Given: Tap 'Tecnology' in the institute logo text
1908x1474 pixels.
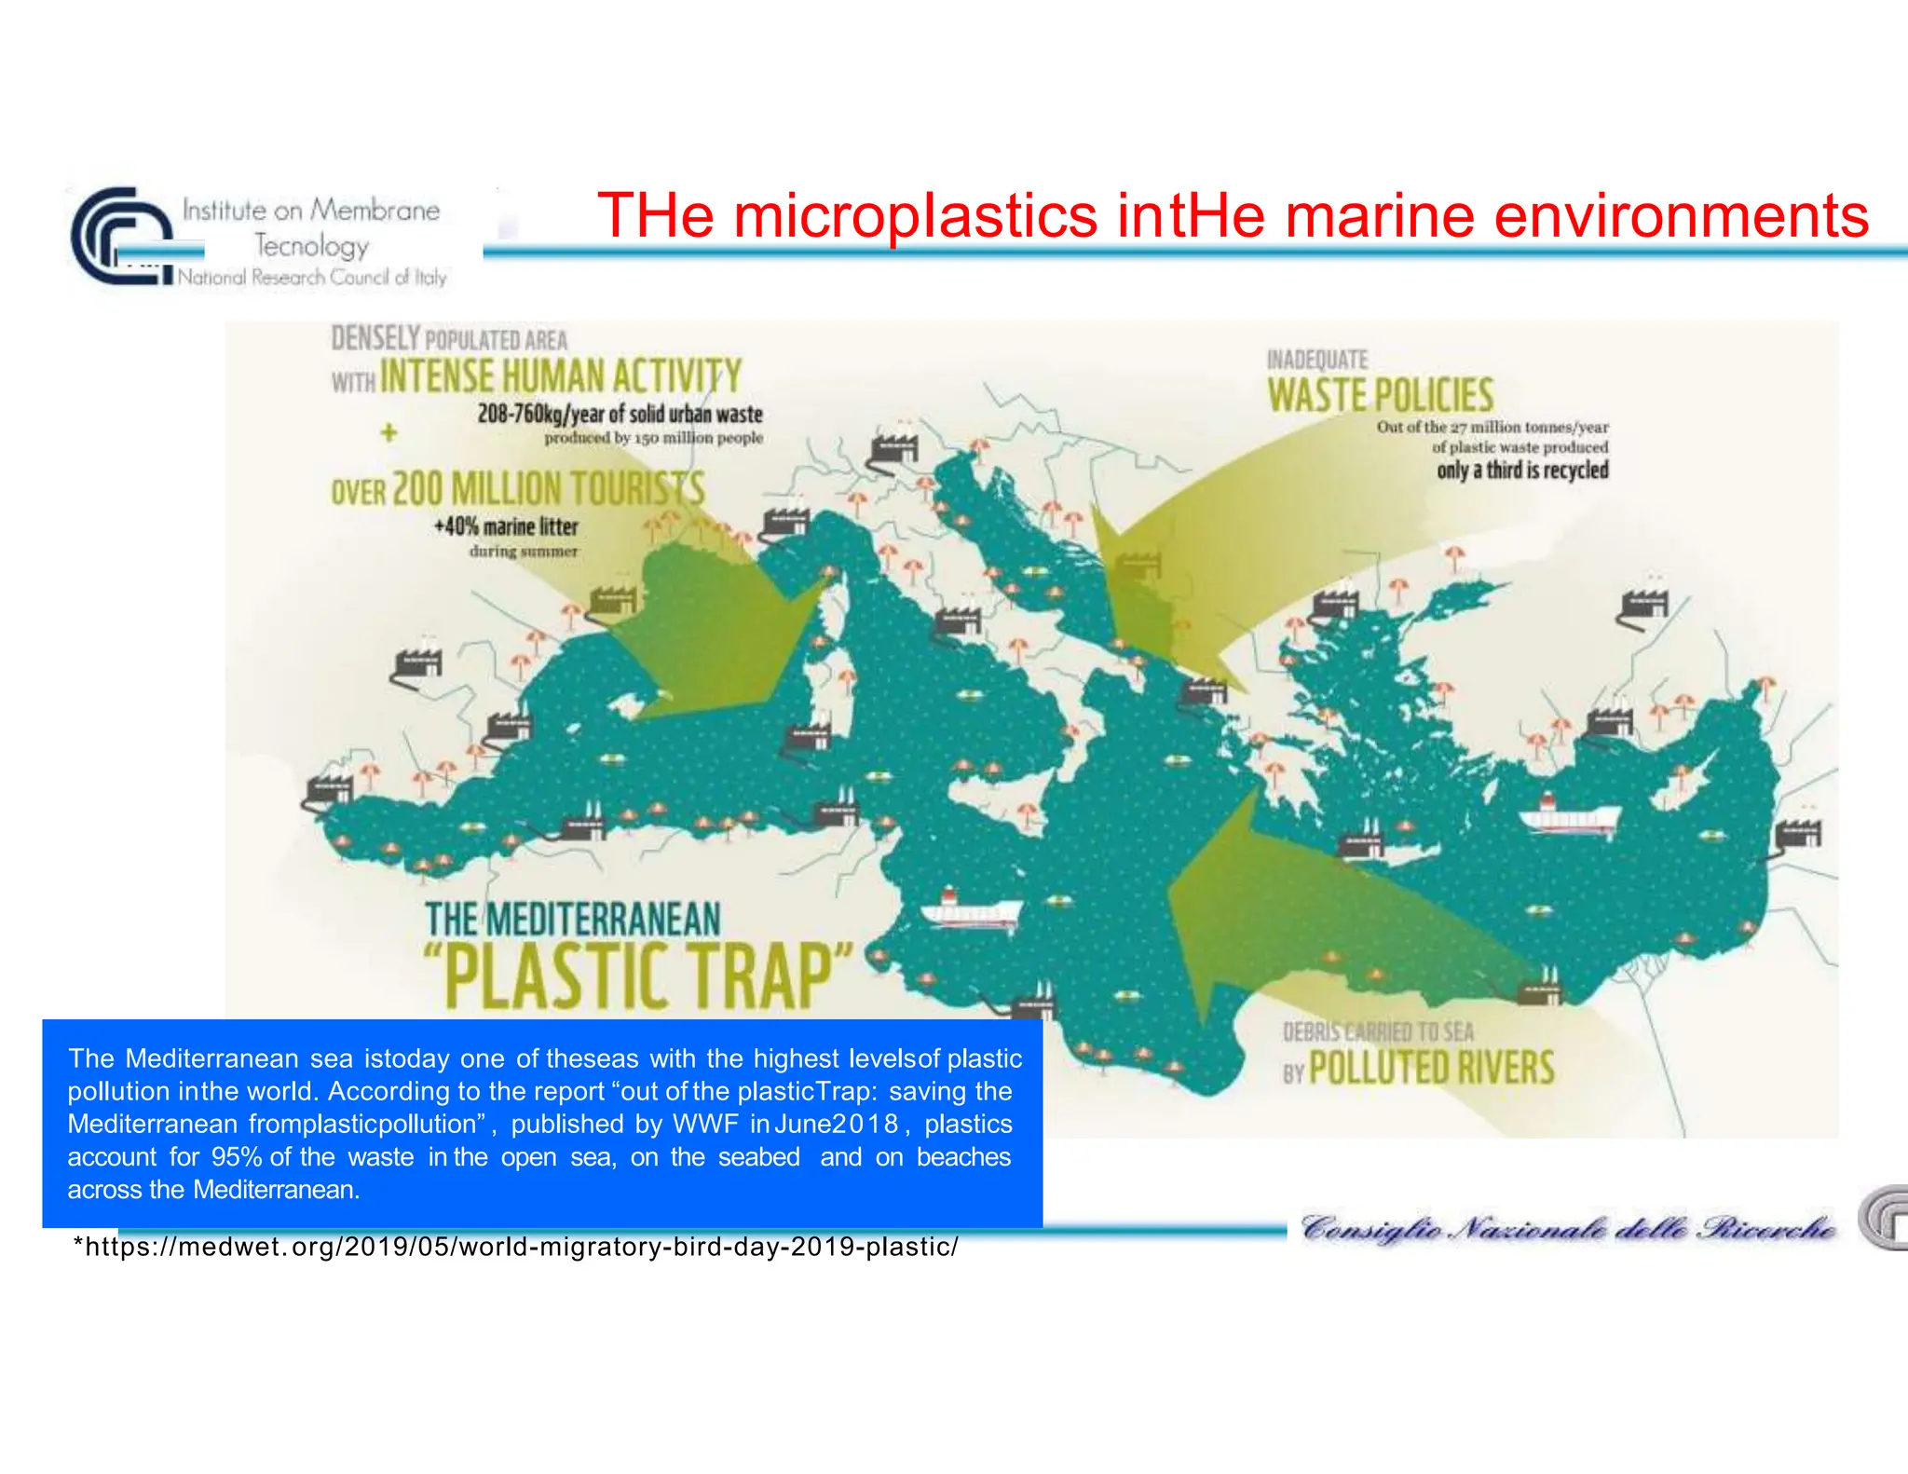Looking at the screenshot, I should [312, 246].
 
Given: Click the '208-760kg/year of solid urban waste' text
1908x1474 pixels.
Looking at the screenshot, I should [620, 414].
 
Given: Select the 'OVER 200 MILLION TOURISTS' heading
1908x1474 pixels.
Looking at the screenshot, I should [518, 489].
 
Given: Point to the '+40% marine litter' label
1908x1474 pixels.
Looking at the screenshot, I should [506, 526].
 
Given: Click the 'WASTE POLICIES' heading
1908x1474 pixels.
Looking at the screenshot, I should [1380, 395].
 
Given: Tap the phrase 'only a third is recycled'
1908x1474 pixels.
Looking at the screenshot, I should [1522, 470].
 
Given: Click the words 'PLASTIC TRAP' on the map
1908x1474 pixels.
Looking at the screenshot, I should [638, 976].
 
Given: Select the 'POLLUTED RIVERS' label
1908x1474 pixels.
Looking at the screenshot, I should [1431, 1068].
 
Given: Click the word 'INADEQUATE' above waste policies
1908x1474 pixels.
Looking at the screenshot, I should [1316, 360].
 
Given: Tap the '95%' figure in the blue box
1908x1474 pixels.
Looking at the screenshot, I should [237, 1157].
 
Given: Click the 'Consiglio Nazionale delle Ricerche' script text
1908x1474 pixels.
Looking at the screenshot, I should [1568, 1229].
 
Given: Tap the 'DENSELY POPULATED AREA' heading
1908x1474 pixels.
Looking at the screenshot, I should [449, 338].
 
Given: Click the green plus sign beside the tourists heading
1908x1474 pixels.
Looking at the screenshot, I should [388, 432].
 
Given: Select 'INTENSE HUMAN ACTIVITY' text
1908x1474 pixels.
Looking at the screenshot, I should [560, 376].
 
